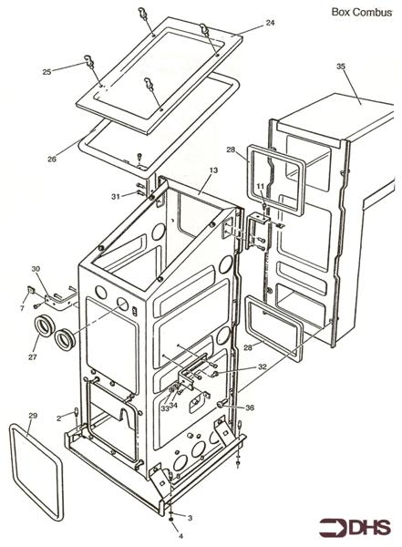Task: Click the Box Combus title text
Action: click(x=362, y=12)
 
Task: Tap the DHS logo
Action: click(x=355, y=528)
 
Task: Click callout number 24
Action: click(x=270, y=23)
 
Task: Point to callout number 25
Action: click(x=46, y=72)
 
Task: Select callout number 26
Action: click(x=52, y=159)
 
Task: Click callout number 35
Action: click(x=341, y=66)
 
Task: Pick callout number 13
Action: click(x=213, y=170)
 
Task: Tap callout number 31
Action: click(x=116, y=197)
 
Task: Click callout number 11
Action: click(x=261, y=187)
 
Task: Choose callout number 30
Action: click(x=36, y=269)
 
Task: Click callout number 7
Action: click(x=22, y=308)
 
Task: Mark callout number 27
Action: click(x=33, y=356)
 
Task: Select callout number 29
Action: click(x=33, y=416)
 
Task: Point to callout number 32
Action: click(x=262, y=366)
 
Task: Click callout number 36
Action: click(x=250, y=408)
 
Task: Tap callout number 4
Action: click(x=180, y=536)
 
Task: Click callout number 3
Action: click(x=190, y=518)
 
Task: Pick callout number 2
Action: click(x=59, y=418)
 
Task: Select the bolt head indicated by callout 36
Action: click(x=221, y=404)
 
